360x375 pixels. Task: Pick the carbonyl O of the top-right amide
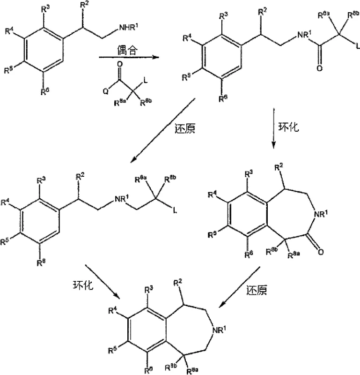coord(320,69)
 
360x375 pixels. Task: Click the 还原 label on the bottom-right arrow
coord(257,290)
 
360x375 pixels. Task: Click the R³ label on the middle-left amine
coord(41,180)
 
